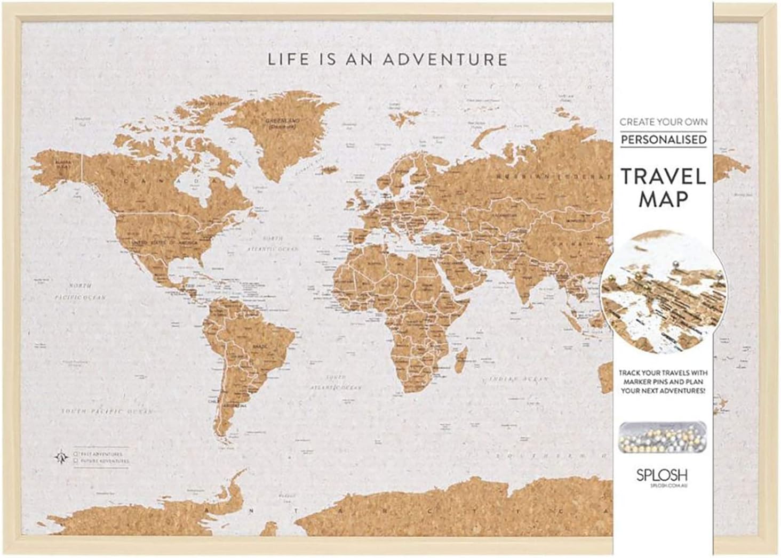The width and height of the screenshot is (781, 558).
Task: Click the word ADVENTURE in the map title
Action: tap(445, 59)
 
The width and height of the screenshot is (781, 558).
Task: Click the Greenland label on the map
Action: tap(283, 124)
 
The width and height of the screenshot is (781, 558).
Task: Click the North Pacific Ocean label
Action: tap(80, 291)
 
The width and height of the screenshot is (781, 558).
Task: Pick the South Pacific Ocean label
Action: tap(107, 411)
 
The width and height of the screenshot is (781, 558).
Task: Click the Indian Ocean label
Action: tap(519, 379)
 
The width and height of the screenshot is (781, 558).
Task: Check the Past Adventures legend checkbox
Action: tap(76, 454)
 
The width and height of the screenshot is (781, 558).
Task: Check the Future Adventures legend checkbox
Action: tap(76, 460)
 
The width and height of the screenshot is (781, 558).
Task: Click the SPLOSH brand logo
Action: tap(662, 475)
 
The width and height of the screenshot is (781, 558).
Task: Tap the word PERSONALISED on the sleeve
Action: tap(663, 140)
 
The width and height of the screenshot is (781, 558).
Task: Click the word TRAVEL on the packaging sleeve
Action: tap(663, 176)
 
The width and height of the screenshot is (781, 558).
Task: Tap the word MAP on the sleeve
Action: tap(663, 199)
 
